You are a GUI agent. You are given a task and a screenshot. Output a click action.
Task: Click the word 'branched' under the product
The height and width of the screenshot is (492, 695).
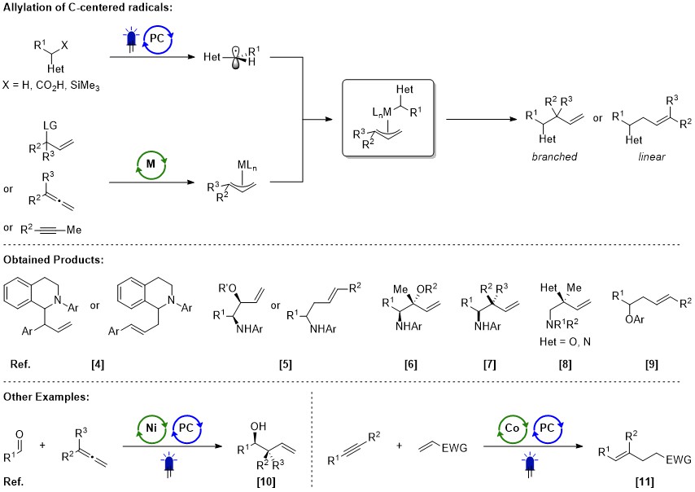coord(551,156)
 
